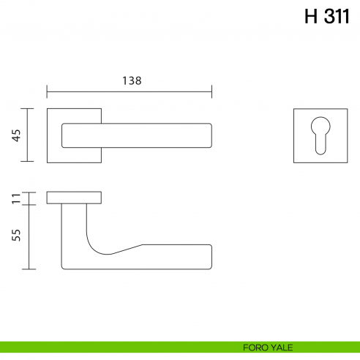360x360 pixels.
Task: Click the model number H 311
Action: [x=327, y=16]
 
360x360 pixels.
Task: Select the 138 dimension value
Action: [x=132, y=80]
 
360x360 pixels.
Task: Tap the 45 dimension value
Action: [x=17, y=135]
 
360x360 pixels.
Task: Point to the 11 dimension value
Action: [x=17, y=198]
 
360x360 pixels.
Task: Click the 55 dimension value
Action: [x=17, y=235]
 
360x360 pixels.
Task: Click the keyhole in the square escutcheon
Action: [x=320, y=135]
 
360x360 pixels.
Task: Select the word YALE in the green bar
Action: [x=282, y=348]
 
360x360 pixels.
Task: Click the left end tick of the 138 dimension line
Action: [x=47, y=91]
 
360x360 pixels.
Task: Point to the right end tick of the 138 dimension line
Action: [x=211, y=91]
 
